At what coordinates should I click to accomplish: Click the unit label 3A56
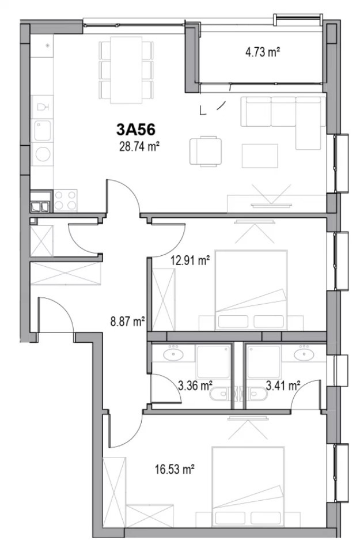[x=136, y=130]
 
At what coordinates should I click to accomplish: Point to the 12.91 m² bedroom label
[x=190, y=260]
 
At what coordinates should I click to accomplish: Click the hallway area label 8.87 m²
[x=127, y=321]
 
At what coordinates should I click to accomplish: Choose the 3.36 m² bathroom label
[x=195, y=386]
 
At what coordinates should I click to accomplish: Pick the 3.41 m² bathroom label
[x=283, y=386]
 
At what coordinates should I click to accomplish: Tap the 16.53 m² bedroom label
[x=175, y=469]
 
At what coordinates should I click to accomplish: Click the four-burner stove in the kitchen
[x=65, y=201]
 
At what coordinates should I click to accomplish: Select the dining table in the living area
[x=127, y=70]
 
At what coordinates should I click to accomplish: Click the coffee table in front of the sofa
[x=260, y=155]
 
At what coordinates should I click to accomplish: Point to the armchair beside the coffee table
[x=206, y=152]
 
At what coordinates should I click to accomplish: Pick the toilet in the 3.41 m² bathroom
[x=259, y=394]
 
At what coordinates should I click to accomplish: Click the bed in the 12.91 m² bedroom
[x=251, y=290]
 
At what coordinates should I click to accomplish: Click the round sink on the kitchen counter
[x=43, y=154]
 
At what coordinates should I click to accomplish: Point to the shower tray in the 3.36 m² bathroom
[x=214, y=361]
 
